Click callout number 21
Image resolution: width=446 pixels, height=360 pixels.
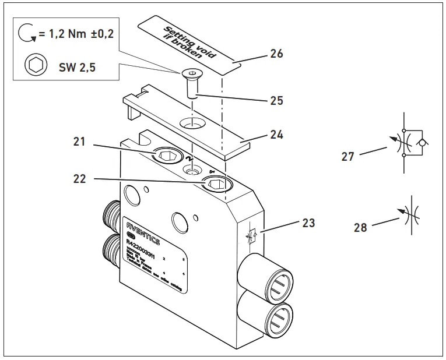[x=79, y=141]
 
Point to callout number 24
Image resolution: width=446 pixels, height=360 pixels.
[x=276, y=135]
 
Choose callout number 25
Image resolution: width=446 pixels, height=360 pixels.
[x=276, y=100]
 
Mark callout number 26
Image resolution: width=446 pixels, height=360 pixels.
[x=276, y=54]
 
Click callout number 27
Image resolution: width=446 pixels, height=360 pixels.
[x=347, y=157]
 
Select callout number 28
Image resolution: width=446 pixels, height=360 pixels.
[x=360, y=227]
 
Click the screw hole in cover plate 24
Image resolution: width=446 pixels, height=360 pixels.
[x=193, y=123]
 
